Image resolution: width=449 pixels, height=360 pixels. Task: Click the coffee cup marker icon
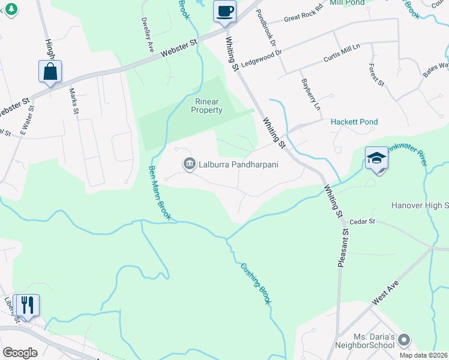click(x=225, y=11)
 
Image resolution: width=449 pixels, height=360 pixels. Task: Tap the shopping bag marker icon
click(x=51, y=71)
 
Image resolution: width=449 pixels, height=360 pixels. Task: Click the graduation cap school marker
click(x=376, y=158)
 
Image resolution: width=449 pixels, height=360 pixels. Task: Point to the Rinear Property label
click(x=206, y=106)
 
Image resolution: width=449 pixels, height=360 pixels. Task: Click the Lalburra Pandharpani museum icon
click(x=189, y=163)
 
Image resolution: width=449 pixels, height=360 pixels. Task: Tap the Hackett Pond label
click(x=355, y=122)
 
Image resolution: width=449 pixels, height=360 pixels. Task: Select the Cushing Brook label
click(x=256, y=283)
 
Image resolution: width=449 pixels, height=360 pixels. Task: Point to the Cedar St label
click(x=362, y=221)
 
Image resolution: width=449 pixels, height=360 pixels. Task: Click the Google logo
click(x=20, y=353)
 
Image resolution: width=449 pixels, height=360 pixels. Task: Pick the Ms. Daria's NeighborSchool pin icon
click(x=404, y=340)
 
